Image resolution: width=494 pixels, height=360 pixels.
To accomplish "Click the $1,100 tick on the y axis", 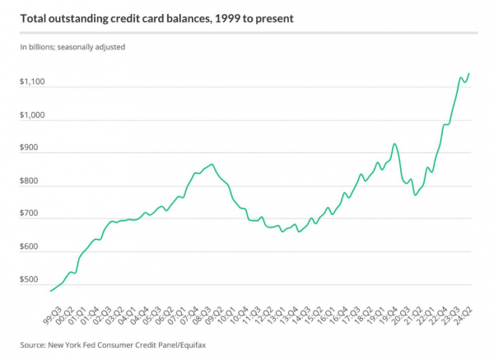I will coord(33,83).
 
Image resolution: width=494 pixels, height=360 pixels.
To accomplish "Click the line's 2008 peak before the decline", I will coord(212,165).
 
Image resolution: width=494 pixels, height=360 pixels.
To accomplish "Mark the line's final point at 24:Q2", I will coord(468,74).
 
